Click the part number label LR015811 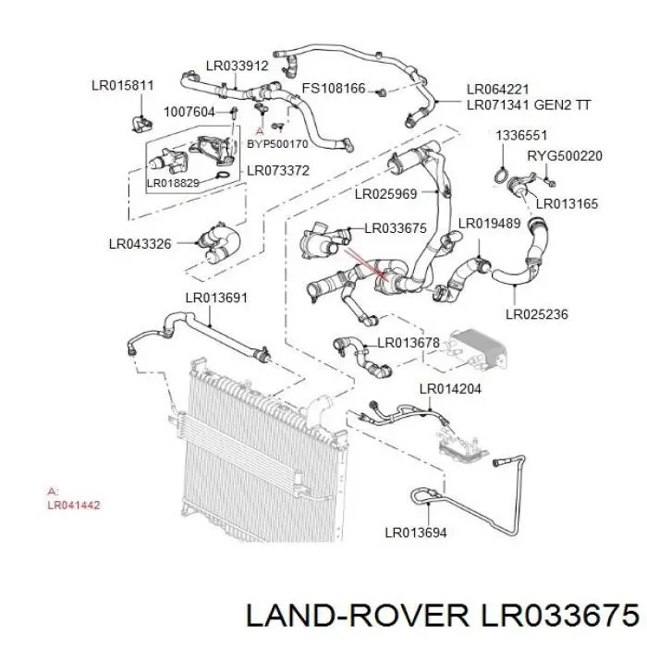pos(122,85)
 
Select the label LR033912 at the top pos(237,65)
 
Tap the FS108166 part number pos(334,89)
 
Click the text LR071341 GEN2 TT pos(528,104)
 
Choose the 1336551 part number pos(519,135)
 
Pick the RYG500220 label pos(564,156)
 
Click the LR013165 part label pos(567,203)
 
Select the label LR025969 pos(385,194)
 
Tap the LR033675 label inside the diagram pos(396,228)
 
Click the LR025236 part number pos(536,314)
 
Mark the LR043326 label pos(140,244)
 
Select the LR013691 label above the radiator pos(216,298)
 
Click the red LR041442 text pos(73,506)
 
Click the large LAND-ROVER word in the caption pos(353,613)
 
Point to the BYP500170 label pos(277,144)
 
